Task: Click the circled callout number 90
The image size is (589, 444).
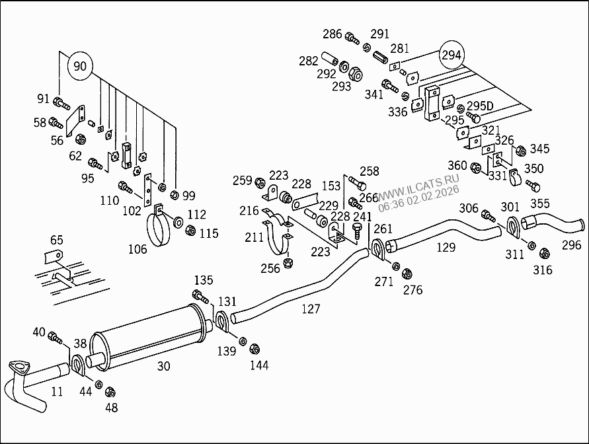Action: (x=79, y=66)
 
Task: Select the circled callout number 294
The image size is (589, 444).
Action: (x=452, y=55)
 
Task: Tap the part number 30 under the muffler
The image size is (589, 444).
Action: (x=163, y=366)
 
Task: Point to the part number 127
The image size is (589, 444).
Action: (x=311, y=309)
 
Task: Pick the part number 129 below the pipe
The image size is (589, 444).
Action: (x=446, y=247)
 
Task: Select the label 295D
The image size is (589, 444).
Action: (x=480, y=106)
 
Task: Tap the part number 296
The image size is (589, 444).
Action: (x=571, y=245)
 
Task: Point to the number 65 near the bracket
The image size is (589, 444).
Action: (x=57, y=240)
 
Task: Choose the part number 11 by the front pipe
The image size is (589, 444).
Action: (x=57, y=391)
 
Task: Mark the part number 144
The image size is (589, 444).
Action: (x=259, y=365)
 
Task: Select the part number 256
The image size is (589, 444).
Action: (x=270, y=268)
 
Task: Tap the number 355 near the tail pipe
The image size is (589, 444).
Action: (x=539, y=204)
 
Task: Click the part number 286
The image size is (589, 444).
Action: (x=333, y=34)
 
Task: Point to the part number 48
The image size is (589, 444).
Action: (x=111, y=408)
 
